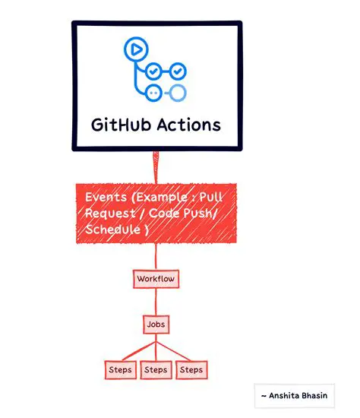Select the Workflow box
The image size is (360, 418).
tap(156, 279)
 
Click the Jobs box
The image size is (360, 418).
tap(155, 325)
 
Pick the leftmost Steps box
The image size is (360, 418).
tap(119, 370)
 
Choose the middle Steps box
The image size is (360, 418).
tap(156, 370)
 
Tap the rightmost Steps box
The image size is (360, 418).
tap(191, 370)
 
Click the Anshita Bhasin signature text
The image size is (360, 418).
tap(295, 396)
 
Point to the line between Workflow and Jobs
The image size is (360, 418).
tap(155, 302)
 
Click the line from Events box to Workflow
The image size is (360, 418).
tap(156, 257)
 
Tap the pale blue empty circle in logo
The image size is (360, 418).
tap(177, 93)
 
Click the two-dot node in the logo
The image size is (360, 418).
tap(154, 93)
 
